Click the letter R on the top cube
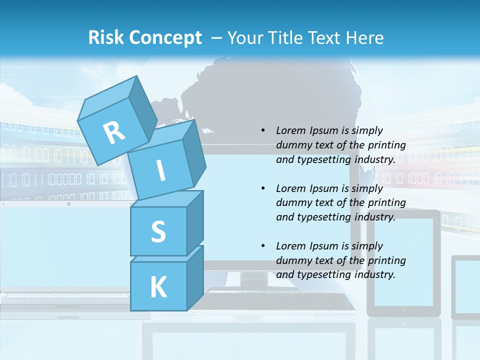(114, 132)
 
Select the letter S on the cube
(158, 231)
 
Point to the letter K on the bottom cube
(158, 287)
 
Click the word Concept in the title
(165, 37)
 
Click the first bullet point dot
(263, 130)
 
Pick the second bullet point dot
(263, 188)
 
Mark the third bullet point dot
(263, 246)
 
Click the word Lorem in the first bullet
(290, 130)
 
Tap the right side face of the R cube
(140, 110)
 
